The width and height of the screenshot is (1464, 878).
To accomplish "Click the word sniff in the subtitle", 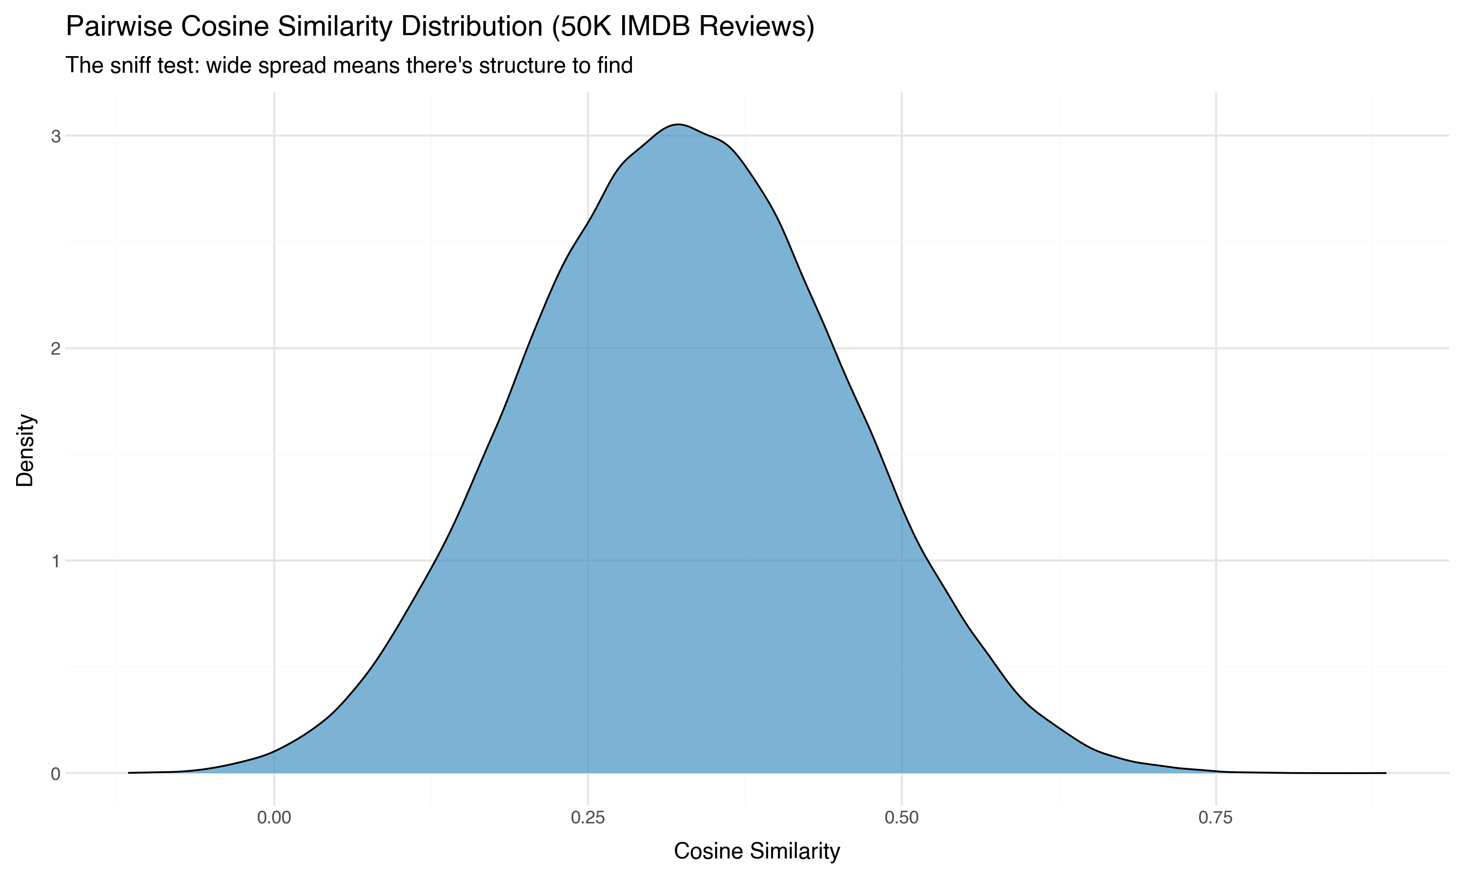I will point(129,65).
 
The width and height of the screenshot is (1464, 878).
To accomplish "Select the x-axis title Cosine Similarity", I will point(757,851).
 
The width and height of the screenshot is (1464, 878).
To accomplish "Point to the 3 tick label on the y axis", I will point(56,137).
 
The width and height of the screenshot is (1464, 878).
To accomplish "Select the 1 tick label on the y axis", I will point(56,561).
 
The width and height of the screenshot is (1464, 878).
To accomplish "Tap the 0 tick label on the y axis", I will point(56,773).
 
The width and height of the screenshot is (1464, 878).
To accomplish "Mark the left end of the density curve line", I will point(129,773).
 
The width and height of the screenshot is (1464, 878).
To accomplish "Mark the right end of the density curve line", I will point(1385,773).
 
